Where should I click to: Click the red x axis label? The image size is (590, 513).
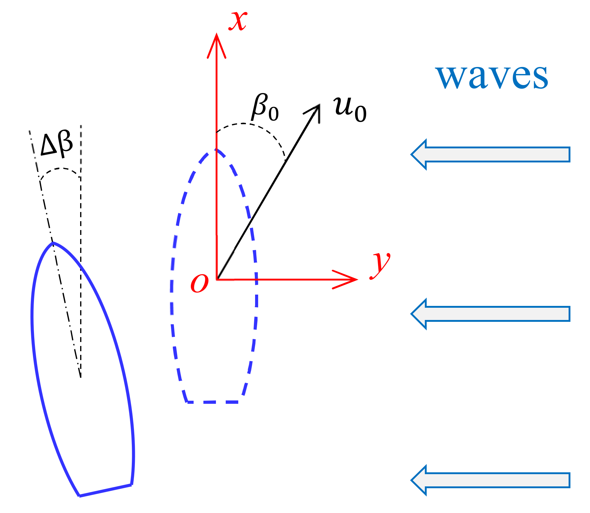[x=238, y=21]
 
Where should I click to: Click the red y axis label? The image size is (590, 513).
[x=380, y=265]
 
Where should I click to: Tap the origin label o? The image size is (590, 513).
[x=199, y=283]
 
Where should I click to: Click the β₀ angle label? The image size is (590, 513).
[x=265, y=108]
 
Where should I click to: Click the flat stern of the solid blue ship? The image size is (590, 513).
[x=106, y=490]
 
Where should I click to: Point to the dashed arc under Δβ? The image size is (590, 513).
[x=60, y=169]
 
